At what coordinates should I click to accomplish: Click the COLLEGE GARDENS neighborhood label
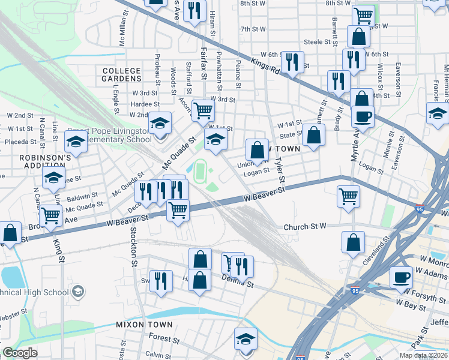tap(121, 75)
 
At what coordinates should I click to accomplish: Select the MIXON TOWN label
tap(145, 325)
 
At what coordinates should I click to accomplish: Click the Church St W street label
tap(304, 227)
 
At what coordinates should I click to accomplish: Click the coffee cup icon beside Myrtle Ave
tap(363, 116)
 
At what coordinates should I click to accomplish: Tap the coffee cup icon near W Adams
tap(401, 277)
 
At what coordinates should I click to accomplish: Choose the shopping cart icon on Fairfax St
tap(203, 110)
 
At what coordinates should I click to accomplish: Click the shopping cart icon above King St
tap(51, 215)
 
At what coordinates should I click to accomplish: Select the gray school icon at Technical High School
tap(77, 292)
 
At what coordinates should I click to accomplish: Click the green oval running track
tap(199, 170)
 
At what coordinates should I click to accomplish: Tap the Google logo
tap(19, 353)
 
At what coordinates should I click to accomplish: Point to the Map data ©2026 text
tap(424, 355)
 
